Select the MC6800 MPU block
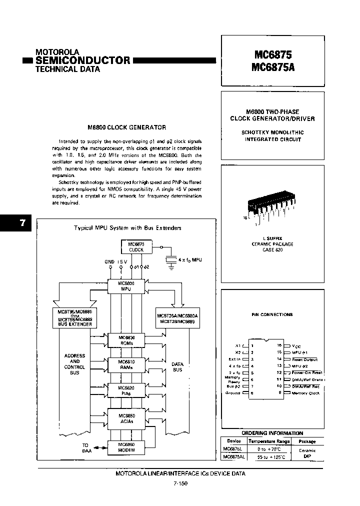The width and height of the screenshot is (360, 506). click(x=125, y=285)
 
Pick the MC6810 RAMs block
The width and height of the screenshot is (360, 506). click(x=125, y=363)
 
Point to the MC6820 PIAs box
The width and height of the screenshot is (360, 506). click(x=125, y=390)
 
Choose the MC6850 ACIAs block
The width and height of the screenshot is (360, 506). click(x=125, y=418)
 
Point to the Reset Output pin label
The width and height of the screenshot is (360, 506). click(x=304, y=359)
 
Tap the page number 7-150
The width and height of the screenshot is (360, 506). click(x=179, y=483)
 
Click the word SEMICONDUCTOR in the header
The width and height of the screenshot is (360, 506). click(x=82, y=60)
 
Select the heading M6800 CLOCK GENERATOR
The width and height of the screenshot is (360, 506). click(x=126, y=127)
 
